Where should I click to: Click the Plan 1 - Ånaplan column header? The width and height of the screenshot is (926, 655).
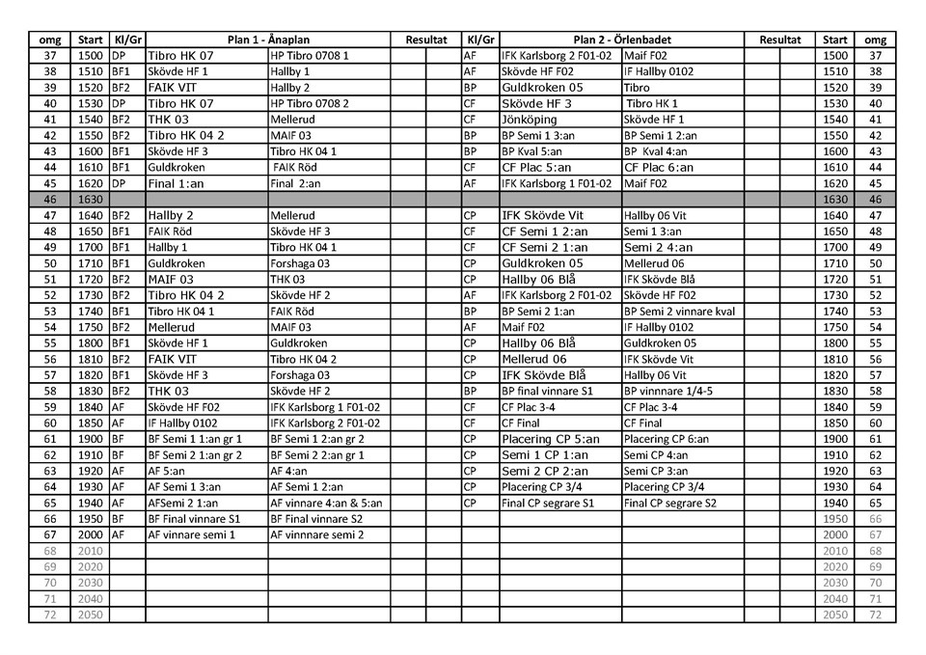pos(268,41)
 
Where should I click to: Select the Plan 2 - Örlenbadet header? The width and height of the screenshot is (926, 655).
pos(621,41)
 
